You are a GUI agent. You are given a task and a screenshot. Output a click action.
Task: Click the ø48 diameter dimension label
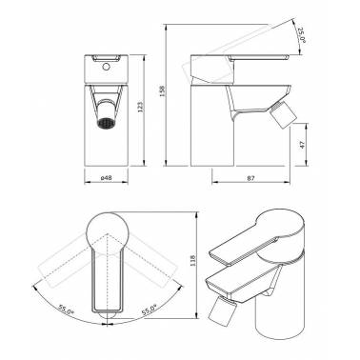[106, 178]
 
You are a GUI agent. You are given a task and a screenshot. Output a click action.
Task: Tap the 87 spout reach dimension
[250, 178]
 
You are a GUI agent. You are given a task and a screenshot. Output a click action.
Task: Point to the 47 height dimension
[302, 145]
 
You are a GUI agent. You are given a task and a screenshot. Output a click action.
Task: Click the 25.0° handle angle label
[301, 35]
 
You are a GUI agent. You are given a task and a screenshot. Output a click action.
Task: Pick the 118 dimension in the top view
[194, 260]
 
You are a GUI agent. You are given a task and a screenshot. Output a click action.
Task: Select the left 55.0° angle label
[66, 310]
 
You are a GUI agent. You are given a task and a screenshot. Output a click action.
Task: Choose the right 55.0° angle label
[149, 310]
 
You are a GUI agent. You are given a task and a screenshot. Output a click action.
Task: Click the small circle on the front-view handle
[107, 67]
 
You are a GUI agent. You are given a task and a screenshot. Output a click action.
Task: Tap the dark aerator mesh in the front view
[105, 123]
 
